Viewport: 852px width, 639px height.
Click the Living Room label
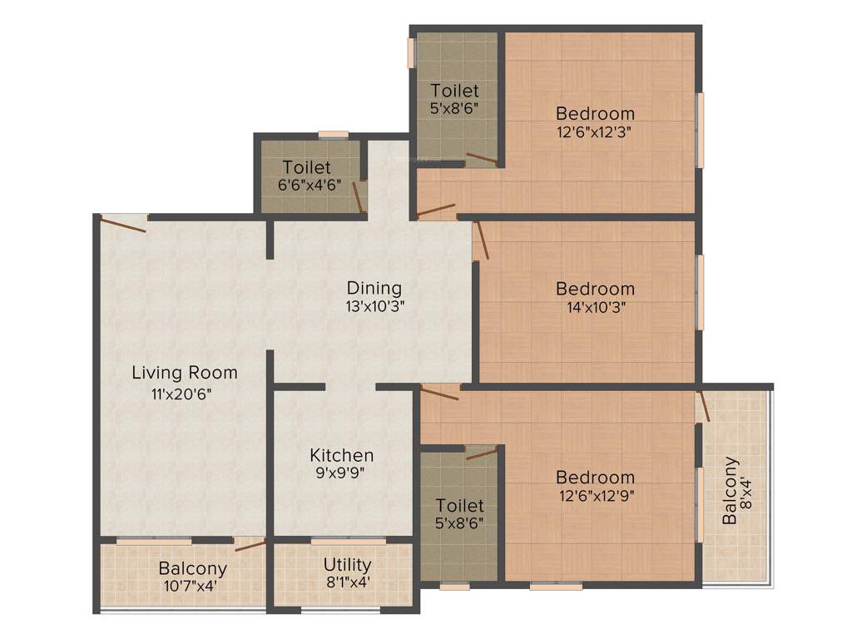tap(185, 373)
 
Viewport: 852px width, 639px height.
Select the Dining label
tap(374, 288)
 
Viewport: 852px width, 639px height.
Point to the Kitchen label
tap(342, 455)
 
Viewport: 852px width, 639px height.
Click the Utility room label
tap(347, 565)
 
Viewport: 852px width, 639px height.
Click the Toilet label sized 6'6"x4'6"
tap(306, 167)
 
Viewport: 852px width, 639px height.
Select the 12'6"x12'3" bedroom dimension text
tap(596, 131)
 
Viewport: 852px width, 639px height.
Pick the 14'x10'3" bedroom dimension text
tap(595, 307)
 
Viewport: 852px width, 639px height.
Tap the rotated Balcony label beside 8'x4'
tap(729, 490)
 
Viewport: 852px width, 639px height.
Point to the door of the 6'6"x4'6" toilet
tap(359, 196)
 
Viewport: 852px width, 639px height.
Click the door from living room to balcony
tap(250, 545)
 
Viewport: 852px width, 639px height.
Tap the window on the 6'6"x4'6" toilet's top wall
tap(333, 134)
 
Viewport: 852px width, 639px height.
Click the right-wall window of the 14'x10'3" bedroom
tap(701, 292)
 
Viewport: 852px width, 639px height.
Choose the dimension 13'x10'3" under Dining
tap(374, 306)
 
